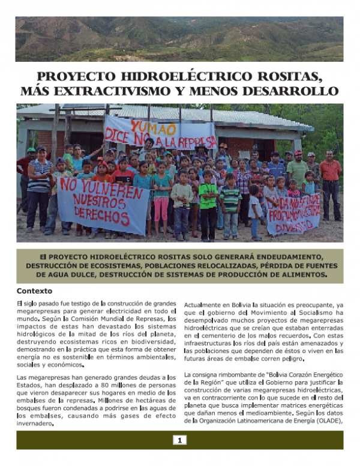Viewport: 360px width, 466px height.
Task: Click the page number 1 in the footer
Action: (x=179, y=440)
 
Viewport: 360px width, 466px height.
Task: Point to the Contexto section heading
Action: (x=35, y=291)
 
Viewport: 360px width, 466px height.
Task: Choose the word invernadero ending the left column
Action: (x=35, y=423)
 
